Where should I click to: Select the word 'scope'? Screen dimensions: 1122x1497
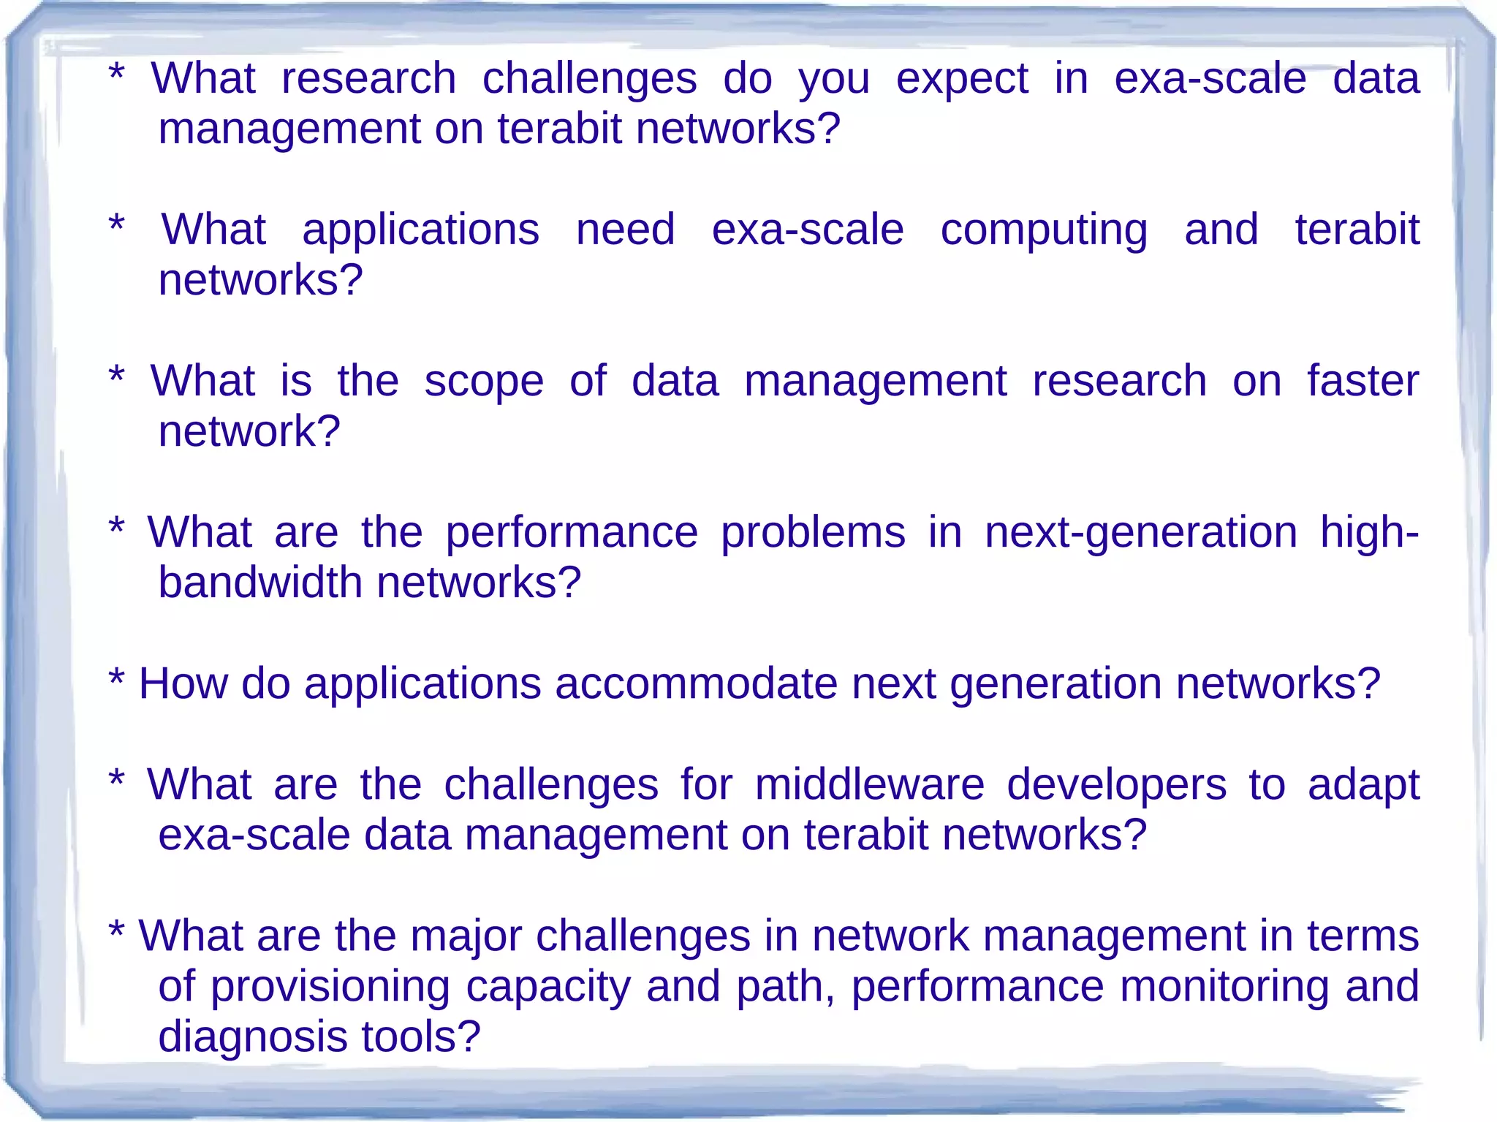tap(484, 382)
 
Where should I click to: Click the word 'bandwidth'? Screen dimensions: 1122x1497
tap(260, 583)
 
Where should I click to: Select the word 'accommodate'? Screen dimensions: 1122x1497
tap(694, 684)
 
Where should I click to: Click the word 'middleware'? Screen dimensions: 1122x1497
tap(869, 785)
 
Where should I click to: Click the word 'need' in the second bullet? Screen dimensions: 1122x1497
tap(625, 231)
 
